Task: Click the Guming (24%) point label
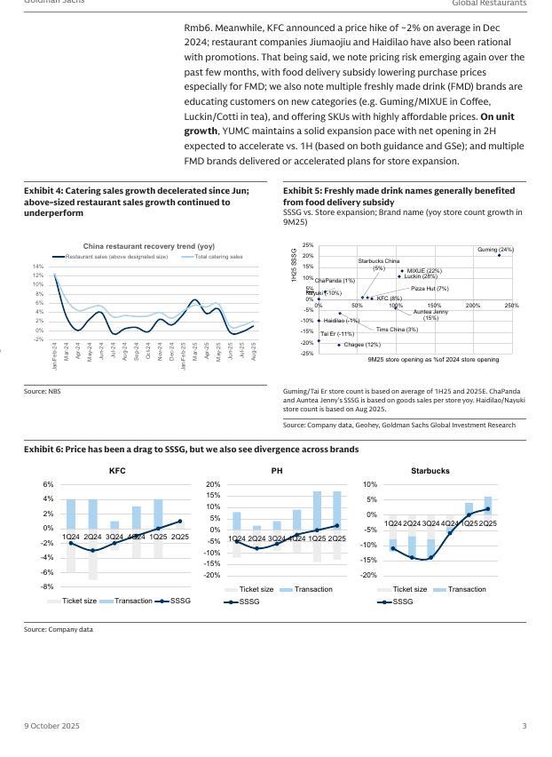point(495,250)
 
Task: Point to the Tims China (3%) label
point(397,330)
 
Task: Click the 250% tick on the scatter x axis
point(511,306)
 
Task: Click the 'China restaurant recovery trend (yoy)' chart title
point(149,246)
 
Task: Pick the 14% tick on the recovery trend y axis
point(38,267)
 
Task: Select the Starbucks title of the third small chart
point(430,470)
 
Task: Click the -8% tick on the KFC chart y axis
point(47,586)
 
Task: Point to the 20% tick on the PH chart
point(213,484)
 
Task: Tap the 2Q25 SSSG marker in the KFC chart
point(179,522)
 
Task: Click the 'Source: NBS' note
point(43,391)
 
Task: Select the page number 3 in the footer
point(524,727)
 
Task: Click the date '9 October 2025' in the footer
point(51,727)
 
